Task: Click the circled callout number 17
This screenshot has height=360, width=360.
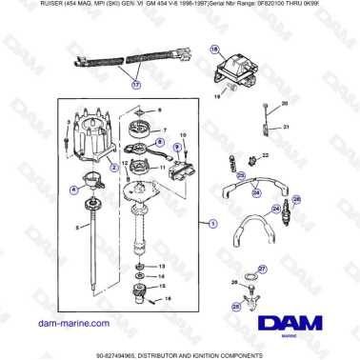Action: (x=135, y=84)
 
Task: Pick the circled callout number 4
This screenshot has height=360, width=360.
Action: (x=74, y=190)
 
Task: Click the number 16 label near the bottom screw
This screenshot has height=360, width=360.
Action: (x=170, y=298)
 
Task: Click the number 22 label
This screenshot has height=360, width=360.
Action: (x=266, y=154)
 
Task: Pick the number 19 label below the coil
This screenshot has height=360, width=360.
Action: (x=217, y=96)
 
